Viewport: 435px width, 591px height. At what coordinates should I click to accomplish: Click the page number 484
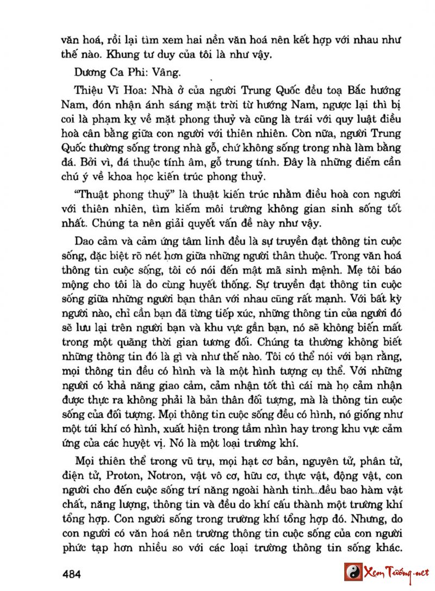click(72, 573)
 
